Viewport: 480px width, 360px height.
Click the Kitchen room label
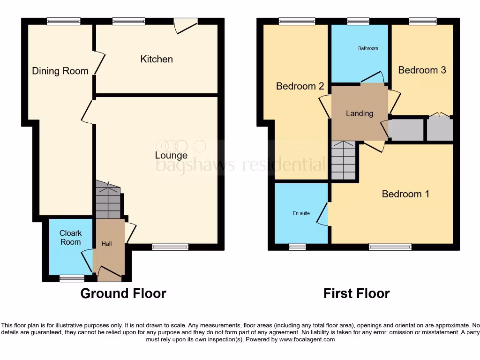pos(157,59)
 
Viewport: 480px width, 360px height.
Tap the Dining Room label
pos(60,71)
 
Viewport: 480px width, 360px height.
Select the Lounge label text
pos(171,155)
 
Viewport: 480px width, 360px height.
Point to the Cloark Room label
pos(70,238)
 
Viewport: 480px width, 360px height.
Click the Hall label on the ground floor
pos(107,244)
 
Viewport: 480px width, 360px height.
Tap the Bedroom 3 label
pos(422,70)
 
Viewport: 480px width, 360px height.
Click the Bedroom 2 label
pos(300,86)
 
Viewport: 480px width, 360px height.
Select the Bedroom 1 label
pos(405,194)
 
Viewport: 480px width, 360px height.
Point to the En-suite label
pos(301,213)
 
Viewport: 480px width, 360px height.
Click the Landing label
pos(360,113)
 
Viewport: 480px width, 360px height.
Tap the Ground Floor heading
pos(123,293)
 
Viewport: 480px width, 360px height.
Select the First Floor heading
pos(356,293)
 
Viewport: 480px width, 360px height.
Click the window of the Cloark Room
pos(69,278)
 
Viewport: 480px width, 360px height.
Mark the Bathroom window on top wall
pos(358,21)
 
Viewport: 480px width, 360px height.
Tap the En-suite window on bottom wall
pos(297,247)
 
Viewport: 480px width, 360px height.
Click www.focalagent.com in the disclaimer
pos(307,339)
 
